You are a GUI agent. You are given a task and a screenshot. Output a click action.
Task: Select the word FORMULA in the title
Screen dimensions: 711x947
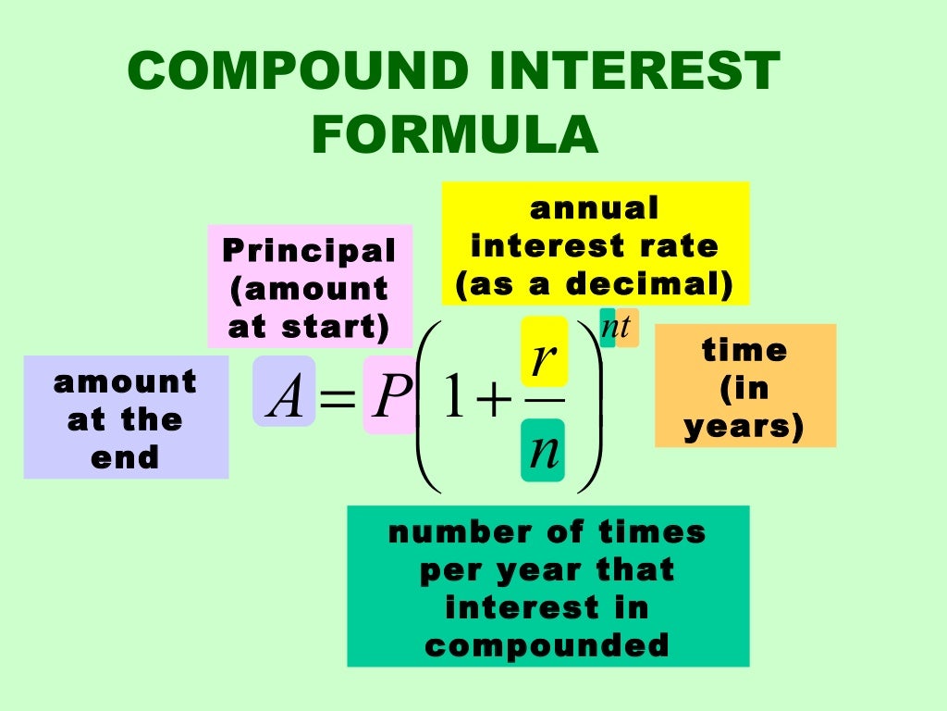click(x=455, y=135)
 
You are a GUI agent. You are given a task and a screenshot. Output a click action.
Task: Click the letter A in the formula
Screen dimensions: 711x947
click(x=284, y=399)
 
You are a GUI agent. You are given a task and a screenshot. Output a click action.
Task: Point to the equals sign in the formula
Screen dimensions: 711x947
click(x=338, y=402)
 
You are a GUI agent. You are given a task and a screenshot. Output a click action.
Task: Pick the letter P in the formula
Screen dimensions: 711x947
click(x=389, y=400)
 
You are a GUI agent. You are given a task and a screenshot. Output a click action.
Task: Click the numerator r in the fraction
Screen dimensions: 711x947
click(x=543, y=355)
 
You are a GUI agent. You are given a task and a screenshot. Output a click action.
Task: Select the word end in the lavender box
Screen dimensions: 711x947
click(x=125, y=458)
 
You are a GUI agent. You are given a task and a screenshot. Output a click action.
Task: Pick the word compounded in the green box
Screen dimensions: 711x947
click(x=547, y=645)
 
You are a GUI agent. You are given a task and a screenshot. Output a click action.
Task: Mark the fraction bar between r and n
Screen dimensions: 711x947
click(x=544, y=402)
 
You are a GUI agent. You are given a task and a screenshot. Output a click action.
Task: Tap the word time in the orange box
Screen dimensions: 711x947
click(x=744, y=351)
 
